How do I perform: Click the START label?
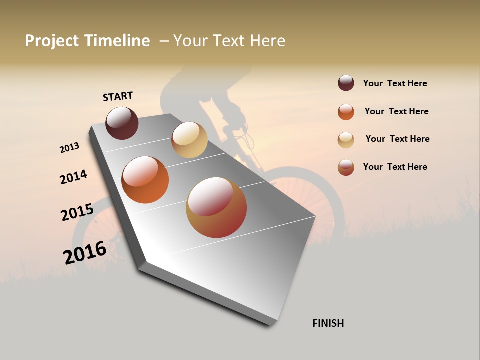coord(118,96)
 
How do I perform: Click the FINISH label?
coord(328,323)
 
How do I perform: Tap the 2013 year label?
coord(69,148)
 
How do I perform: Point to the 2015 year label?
coord(77,212)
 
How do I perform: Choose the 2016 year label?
coord(85,252)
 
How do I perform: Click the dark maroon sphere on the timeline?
coord(122,123)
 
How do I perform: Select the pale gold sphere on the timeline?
coord(189,140)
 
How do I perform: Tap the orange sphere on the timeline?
coord(145,180)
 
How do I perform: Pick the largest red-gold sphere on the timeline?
coord(216,207)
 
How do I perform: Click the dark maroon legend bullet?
coord(346,83)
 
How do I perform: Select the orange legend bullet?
coord(346,111)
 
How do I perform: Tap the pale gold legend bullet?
coord(346,139)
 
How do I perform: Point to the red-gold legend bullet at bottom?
coord(346,167)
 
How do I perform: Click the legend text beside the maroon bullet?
coord(395,83)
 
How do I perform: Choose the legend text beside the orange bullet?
coord(396,111)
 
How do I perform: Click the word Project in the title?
coord(52,41)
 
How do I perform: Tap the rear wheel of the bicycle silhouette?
coord(92,235)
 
